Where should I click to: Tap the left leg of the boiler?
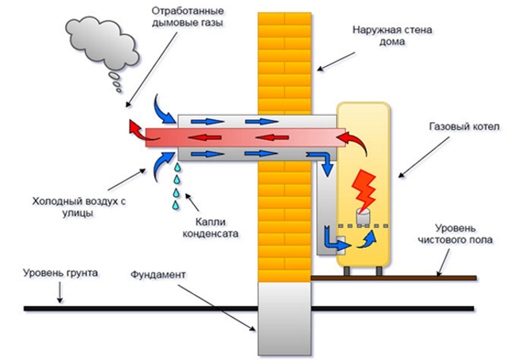click(348, 271)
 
